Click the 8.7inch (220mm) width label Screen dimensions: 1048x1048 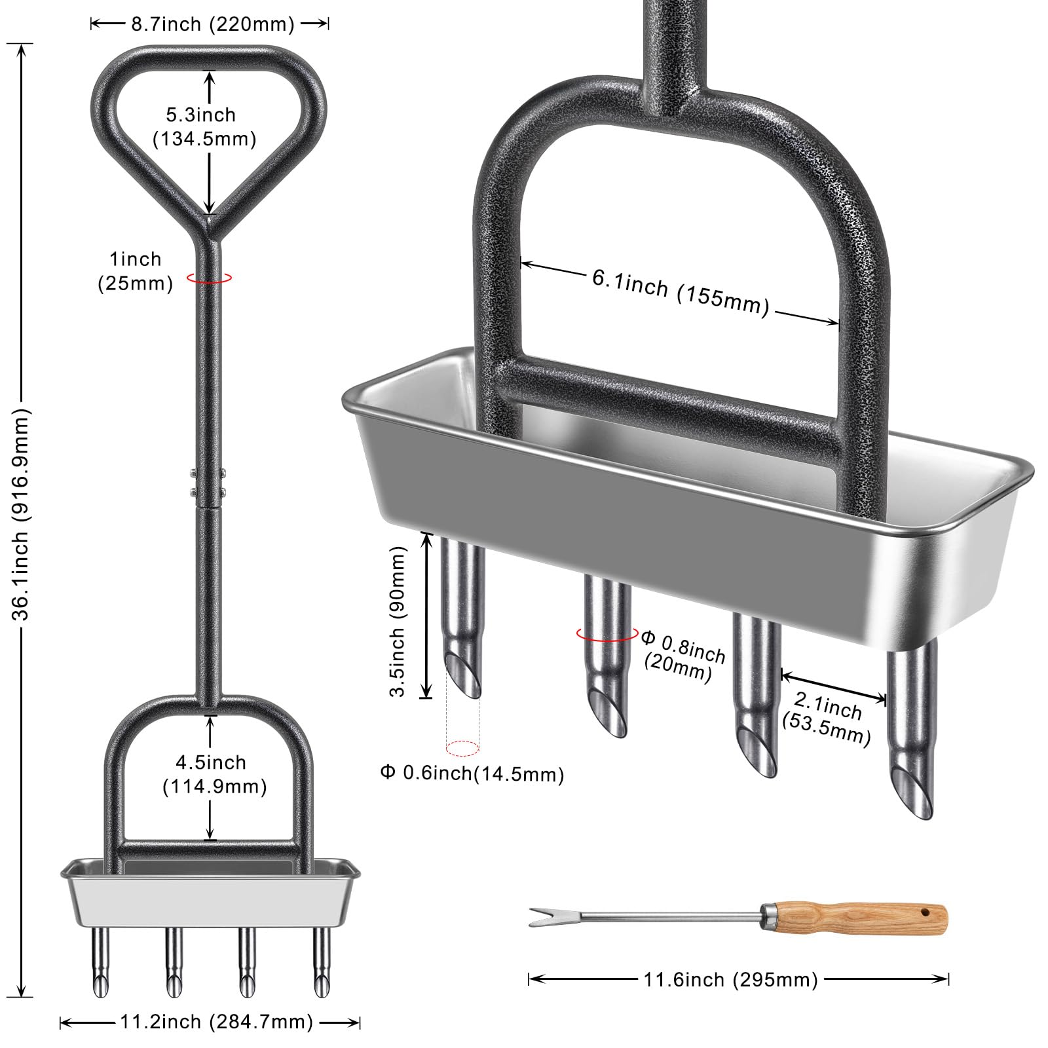coord(212,24)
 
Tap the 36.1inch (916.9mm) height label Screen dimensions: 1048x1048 coord(22,514)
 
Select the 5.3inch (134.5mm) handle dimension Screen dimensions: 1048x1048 coord(203,126)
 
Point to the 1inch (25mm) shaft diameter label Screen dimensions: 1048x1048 coord(136,271)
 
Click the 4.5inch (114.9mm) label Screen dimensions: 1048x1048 coord(214,774)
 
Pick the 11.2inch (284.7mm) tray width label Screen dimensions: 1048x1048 coord(216,1022)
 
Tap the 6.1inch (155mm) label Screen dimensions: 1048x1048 coord(681,292)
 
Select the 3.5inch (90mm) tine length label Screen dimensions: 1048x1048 coord(398,621)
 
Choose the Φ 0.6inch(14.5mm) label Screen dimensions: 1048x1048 coord(472,774)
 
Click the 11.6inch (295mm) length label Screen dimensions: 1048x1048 coord(730,980)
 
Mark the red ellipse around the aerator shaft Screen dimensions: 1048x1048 coord(209,278)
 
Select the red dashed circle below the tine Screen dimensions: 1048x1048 coord(462,747)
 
